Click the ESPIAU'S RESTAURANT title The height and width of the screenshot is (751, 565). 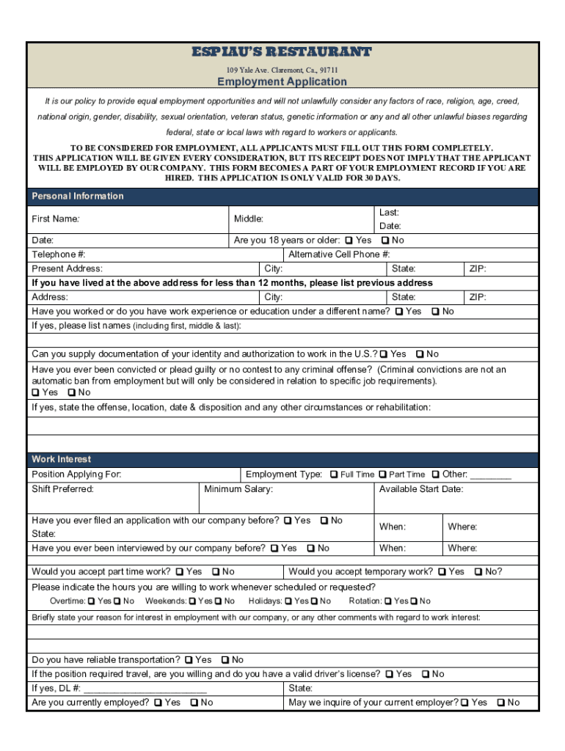coord(282,52)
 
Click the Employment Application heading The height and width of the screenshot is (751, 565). coord(282,81)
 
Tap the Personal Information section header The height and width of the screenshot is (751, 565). coord(78,197)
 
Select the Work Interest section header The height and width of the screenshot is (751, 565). coord(62,459)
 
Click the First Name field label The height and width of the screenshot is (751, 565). coord(56,219)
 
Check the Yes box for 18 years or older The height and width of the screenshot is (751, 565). coord(349,241)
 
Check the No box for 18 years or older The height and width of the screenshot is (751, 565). coord(384,241)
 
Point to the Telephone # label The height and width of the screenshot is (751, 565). coord(59,254)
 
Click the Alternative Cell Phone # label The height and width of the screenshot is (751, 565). coord(339,254)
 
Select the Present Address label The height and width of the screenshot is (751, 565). coord(68,268)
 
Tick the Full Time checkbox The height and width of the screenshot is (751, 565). coord(334,475)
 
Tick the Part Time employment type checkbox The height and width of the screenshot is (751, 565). coord(382,475)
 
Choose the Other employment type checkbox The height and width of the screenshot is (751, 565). coord(435,475)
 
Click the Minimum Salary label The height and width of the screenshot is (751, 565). coord(238,489)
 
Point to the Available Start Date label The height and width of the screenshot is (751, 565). coord(421,489)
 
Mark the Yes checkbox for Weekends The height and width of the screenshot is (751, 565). coord(192,601)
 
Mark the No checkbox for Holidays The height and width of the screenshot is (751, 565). coord(313,601)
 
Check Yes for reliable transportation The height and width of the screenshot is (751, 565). coord(189,660)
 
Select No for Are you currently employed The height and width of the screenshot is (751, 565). coord(194,703)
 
